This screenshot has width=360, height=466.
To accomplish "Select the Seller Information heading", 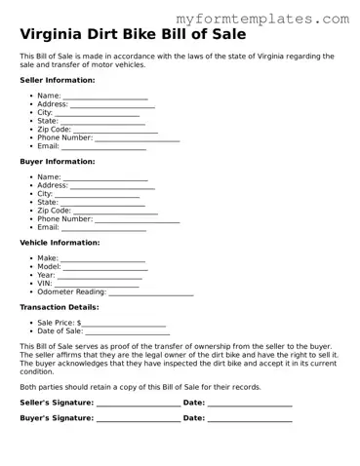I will click(x=58, y=80).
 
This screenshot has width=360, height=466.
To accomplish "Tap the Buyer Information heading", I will click(x=58, y=161).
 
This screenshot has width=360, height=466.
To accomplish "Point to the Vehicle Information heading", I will click(x=60, y=242).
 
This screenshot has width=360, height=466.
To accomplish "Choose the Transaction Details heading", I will click(x=59, y=307).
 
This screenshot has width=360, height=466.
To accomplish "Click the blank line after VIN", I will click(x=97, y=285).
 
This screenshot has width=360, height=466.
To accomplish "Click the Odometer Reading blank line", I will click(x=150, y=293).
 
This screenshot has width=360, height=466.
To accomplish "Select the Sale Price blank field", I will click(x=124, y=324).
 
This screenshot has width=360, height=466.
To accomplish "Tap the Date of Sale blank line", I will click(x=128, y=332).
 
